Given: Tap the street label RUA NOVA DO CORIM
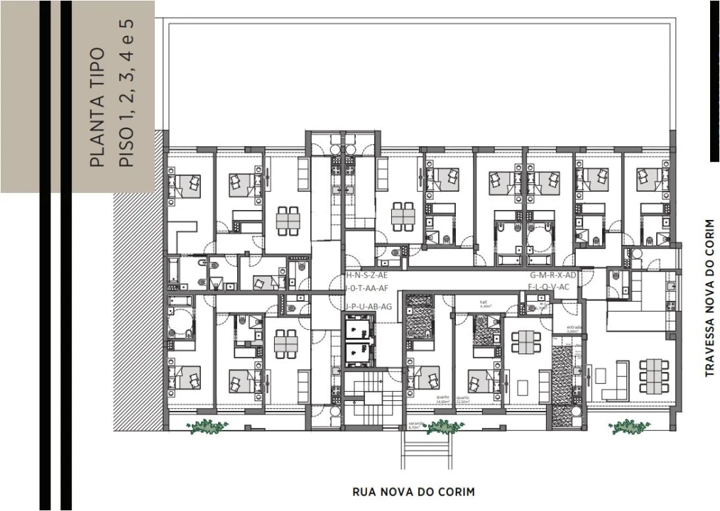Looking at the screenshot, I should tap(413, 491).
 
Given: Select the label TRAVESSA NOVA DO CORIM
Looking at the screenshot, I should tap(709, 297).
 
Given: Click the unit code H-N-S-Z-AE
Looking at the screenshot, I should tap(367, 275).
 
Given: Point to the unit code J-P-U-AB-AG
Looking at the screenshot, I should tap(369, 307).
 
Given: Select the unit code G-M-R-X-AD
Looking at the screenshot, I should tap(552, 275).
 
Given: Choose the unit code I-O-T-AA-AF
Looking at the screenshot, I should tap(367, 287).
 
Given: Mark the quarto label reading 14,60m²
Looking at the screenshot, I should tap(443, 400).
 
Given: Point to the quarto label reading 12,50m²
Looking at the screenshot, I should tap(463, 400).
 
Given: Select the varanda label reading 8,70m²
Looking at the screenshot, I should tap(415, 427).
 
